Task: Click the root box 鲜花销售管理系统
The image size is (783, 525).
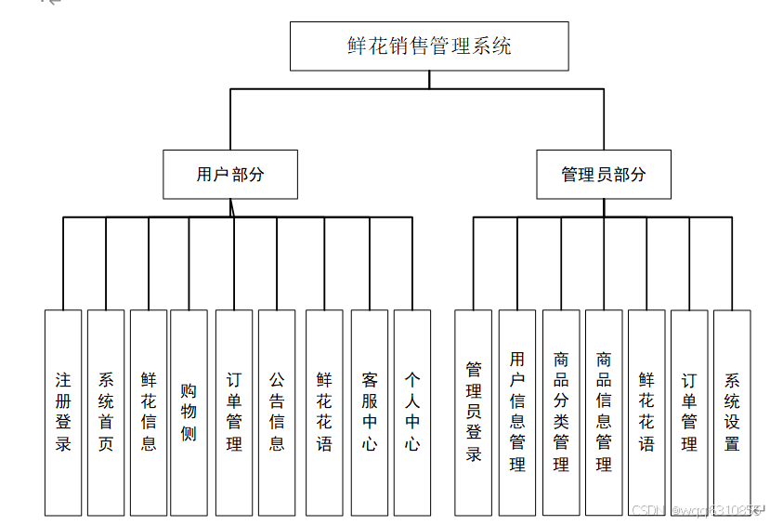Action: tap(429, 46)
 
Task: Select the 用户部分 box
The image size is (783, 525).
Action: tap(230, 174)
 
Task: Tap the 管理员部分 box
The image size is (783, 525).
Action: tap(603, 174)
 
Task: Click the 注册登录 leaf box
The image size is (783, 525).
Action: tap(63, 412)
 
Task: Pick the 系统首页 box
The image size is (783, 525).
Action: tap(106, 412)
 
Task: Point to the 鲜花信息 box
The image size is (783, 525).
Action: tap(149, 412)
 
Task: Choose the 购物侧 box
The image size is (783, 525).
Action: tap(189, 412)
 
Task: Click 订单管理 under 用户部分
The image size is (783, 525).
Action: tap(234, 412)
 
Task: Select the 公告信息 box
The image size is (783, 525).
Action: tap(277, 412)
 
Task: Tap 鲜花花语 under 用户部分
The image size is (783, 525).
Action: tap(324, 412)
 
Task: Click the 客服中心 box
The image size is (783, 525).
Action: tap(370, 412)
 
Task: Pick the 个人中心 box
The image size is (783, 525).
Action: tap(412, 412)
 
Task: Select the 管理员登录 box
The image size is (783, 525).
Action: tap(474, 412)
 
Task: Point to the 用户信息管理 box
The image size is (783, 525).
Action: tap(517, 412)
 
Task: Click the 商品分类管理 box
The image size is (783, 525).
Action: tap(561, 412)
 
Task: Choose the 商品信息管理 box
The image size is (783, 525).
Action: tap(604, 412)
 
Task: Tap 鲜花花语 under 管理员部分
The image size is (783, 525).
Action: tap(646, 412)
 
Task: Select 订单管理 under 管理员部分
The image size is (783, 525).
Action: tap(689, 412)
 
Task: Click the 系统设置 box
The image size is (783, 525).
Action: tap(732, 412)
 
